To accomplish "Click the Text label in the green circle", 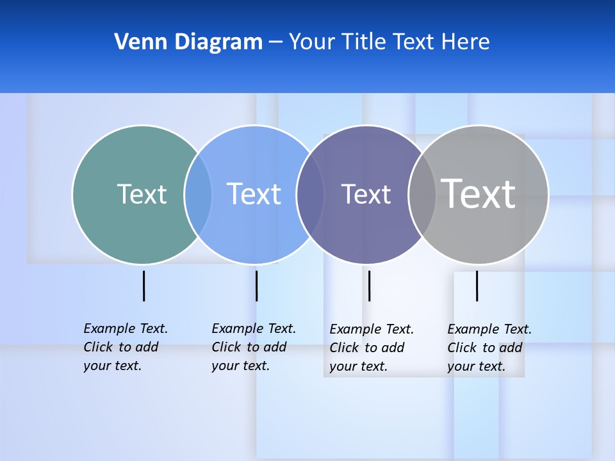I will tap(142, 194).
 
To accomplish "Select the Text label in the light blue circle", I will tap(254, 194).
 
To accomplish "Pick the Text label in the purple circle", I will tap(366, 195).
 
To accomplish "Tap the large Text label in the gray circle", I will tap(479, 194).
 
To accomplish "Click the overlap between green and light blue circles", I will tap(198, 195).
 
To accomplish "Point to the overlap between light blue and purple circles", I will tap(310, 195).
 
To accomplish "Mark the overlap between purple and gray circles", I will tap(422, 195).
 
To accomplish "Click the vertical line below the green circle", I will tap(144, 286).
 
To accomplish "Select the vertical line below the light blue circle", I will tap(256, 286).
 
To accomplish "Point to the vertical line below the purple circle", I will tap(369, 286).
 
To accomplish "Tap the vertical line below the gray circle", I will tap(477, 286).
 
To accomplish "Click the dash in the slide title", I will tap(275, 42).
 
